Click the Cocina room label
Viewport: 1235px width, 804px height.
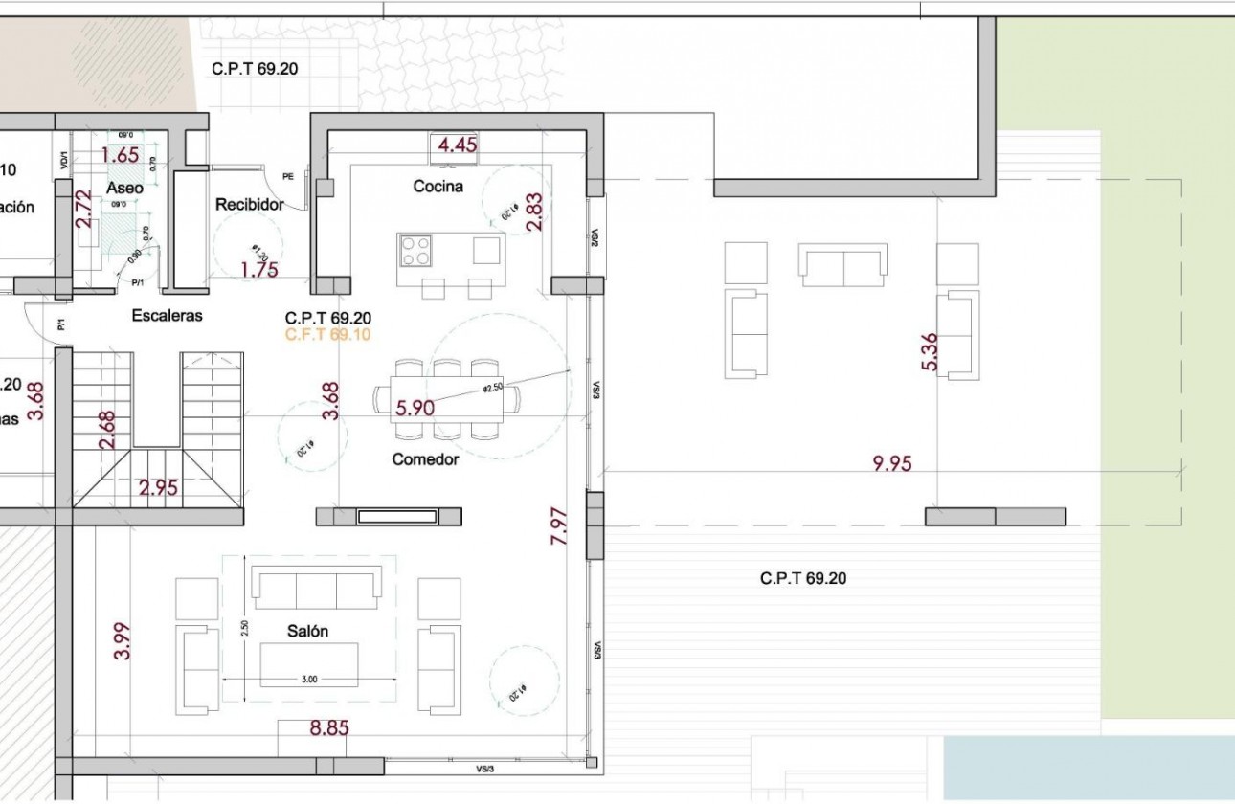tap(438, 187)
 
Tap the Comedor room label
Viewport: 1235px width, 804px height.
tap(425, 459)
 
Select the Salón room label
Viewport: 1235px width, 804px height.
tap(307, 632)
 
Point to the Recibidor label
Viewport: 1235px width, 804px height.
tap(249, 205)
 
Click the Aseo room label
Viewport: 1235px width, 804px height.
tap(124, 189)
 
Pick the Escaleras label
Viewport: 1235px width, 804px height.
tap(168, 316)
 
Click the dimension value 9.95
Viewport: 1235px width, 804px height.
tap(891, 464)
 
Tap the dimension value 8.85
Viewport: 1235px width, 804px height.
tap(329, 728)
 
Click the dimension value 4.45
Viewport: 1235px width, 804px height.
tap(457, 145)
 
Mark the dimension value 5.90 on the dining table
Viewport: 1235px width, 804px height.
tap(415, 409)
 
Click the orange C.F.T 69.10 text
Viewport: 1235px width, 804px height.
tap(327, 335)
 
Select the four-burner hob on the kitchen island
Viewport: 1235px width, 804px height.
tap(415, 251)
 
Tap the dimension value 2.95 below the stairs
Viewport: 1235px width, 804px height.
tap(158, 488)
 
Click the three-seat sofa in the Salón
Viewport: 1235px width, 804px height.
tap(316, 586)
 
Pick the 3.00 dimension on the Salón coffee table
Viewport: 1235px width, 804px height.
tap(309, 679)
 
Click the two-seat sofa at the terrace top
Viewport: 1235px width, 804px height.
tap(842, 265)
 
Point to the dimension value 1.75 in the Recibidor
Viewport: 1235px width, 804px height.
tap(258, 270)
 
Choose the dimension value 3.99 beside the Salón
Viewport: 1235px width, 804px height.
tap(122, 640)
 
